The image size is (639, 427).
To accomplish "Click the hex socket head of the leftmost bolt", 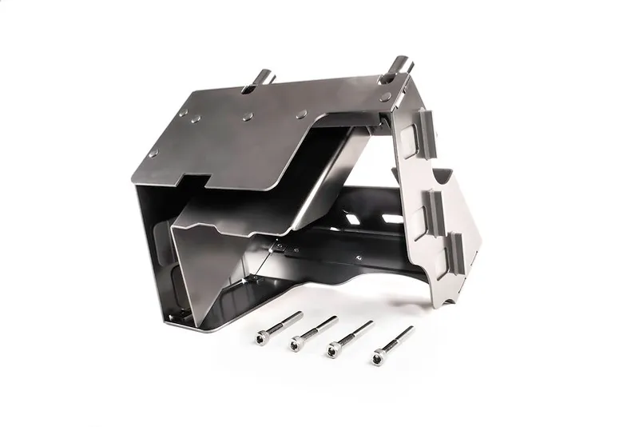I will (262, 337).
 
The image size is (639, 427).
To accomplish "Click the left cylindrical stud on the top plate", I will (263, 78).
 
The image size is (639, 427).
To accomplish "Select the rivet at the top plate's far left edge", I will (153, 152).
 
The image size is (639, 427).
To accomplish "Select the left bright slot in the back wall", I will (352, 217).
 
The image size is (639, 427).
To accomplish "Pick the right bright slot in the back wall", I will (391, 218).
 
